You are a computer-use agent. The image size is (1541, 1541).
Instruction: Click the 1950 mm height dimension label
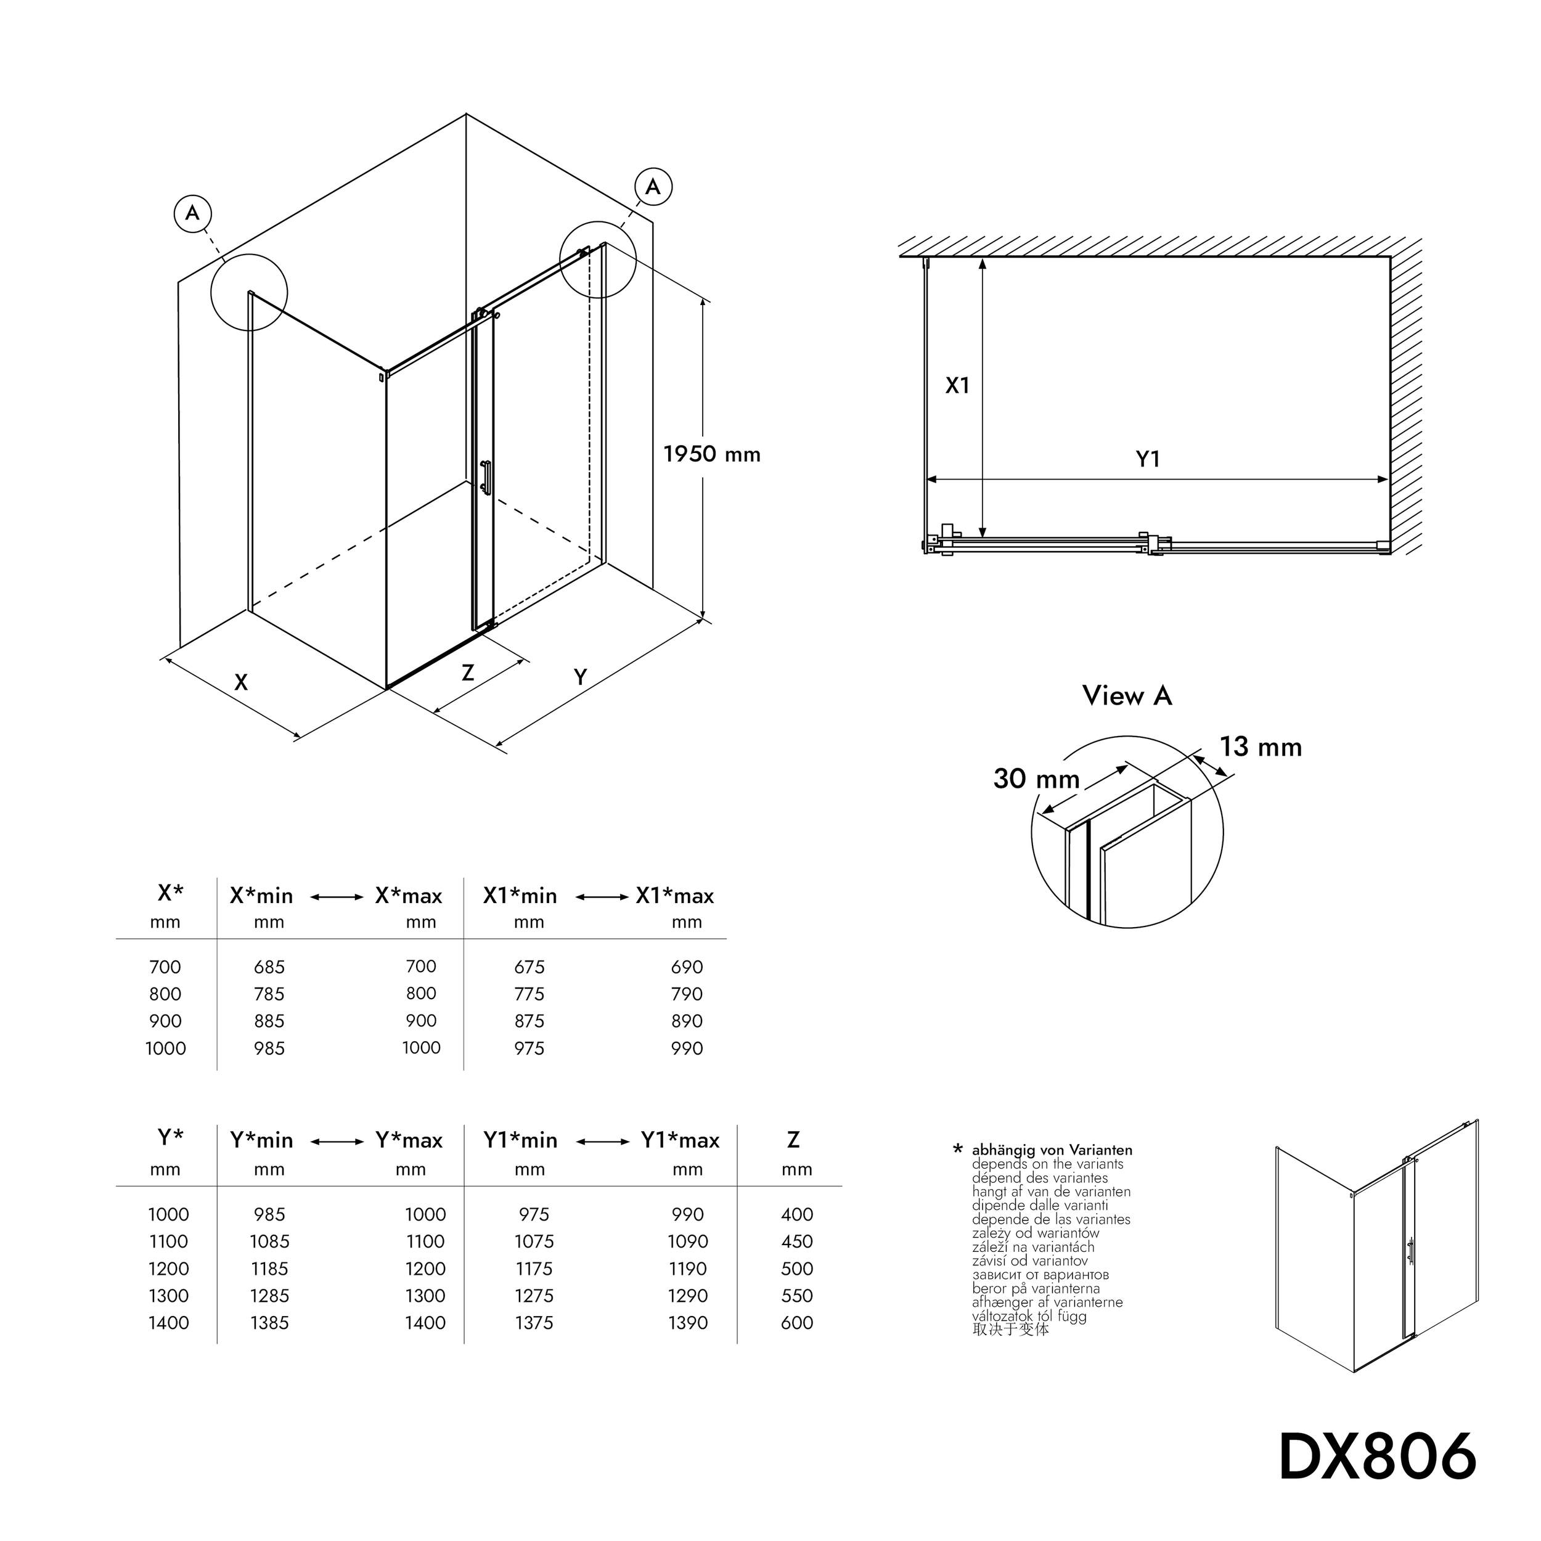(x=711, y=455)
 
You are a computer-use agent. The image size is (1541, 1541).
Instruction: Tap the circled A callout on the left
(x=192, y=213)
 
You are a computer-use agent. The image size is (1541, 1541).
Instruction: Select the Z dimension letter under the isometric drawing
(x=468, y=672)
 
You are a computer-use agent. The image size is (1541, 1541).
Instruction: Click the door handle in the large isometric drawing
(x=484, y=478)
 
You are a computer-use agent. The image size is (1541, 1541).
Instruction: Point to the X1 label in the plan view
(x=957, y=386)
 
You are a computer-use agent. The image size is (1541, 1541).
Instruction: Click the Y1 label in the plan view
(x=1147, y=459)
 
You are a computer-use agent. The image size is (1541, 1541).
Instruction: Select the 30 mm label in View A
(x=1036, y=779)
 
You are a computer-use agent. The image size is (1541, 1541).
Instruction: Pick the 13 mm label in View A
(x=1261, y=747)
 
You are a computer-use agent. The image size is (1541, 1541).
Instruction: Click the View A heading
(x=1127, y=695)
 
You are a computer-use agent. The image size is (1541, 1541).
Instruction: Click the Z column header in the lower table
(x=793, y=1140)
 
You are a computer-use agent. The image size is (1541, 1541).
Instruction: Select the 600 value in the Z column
(x=797, y=1322)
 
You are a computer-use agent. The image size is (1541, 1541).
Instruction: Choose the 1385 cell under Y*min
(x=269, y=1322)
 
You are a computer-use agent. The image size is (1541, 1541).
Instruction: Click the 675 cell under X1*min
(x=529, y=967)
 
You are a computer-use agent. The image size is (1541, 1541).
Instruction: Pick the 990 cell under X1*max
(x=687, y=1048)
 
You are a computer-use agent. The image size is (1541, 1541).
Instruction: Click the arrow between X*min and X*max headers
(x=337, y=897)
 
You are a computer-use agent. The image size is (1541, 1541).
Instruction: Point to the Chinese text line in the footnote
(x=1010, y=1330)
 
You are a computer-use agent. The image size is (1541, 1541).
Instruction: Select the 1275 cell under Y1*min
(x=534, y=1295)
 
